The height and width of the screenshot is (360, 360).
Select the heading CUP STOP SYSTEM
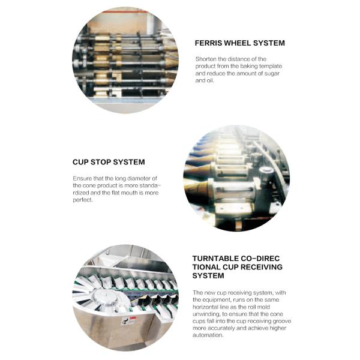click(109, 162)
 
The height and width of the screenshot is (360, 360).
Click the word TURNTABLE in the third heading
click(215, 259)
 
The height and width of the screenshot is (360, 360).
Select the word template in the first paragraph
click(271, 67)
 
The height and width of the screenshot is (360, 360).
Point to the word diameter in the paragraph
click(139, 178)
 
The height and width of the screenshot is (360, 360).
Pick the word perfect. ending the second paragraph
click(83, 200)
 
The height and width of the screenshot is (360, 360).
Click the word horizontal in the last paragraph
click(205, 307)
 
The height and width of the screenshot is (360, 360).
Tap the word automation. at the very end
click(208, 335)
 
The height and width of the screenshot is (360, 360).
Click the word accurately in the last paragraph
click(220, 328)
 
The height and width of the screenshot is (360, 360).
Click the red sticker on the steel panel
click(133, 318)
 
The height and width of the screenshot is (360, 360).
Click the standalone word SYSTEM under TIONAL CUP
click(208, 275)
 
